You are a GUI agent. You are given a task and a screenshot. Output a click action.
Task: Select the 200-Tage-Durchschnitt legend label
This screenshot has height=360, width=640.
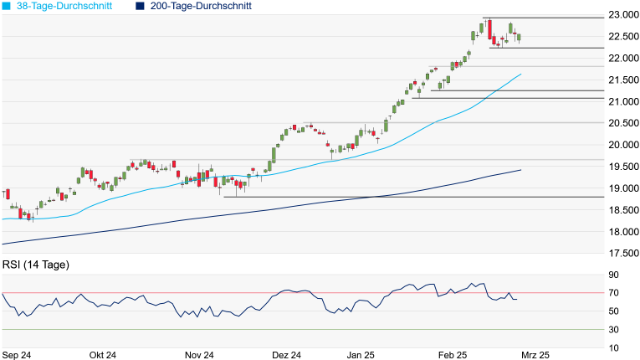[200, 6]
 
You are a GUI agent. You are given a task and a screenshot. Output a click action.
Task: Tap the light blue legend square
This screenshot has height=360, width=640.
[8, 6]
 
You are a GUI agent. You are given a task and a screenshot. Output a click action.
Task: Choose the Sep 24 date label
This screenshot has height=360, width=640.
[17, 355]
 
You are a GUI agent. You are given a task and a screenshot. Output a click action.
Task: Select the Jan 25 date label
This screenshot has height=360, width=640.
[361, 355]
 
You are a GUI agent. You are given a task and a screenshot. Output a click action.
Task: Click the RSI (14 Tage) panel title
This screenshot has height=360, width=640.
[36, 265]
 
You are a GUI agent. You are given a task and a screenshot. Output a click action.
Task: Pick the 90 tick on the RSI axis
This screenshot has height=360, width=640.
[613, 275]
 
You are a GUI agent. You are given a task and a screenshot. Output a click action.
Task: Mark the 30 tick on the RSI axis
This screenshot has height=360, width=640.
[613, 330]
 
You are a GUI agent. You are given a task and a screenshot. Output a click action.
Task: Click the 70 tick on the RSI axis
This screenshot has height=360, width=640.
[613, 293]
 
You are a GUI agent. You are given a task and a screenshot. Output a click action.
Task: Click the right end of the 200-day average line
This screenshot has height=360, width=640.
[521, 170]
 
